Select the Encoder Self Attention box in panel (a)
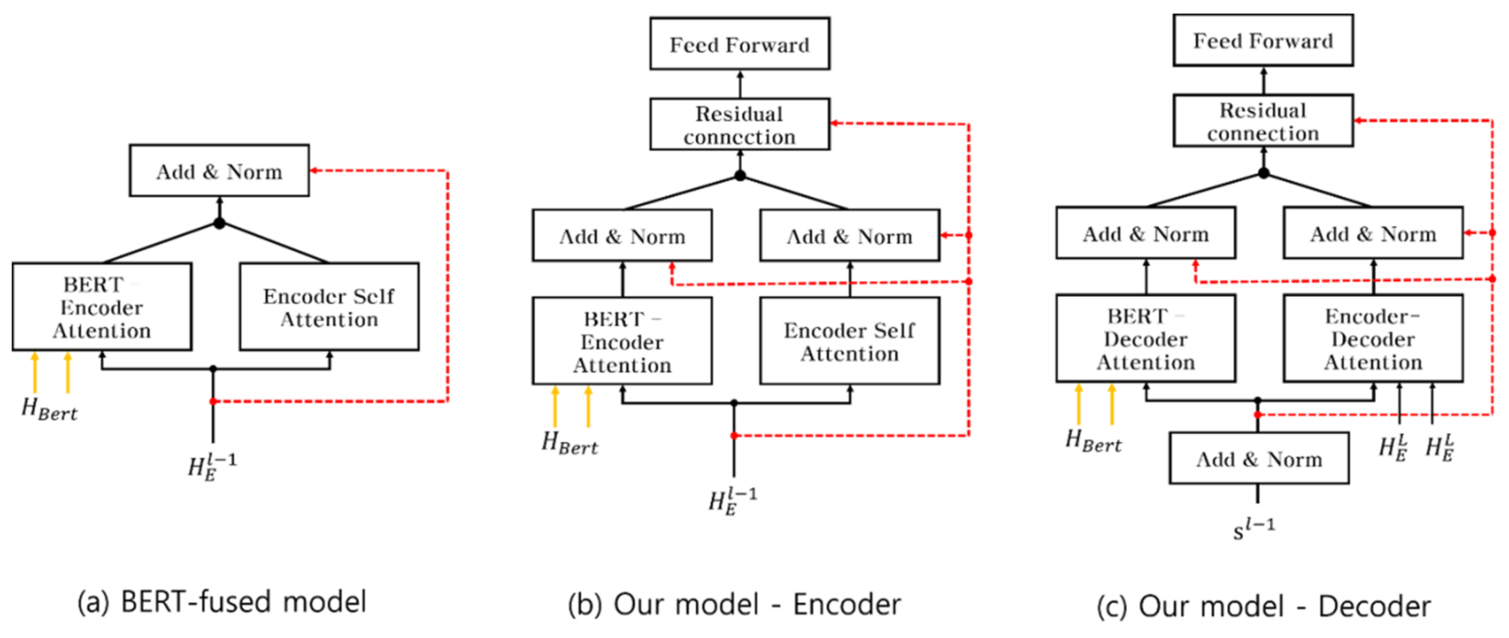pos(329,307)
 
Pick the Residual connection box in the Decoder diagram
pos(1263,121)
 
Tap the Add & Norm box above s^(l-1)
pos(1259,459)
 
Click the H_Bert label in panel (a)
pos(49,409)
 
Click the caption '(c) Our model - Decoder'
pos(1263,606)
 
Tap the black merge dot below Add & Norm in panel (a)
pos(219,223)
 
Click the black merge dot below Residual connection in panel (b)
pos(740,175)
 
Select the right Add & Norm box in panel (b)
pos(850,236)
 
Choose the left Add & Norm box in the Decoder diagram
pos(1146,233)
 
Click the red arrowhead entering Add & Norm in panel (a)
pos(314,170)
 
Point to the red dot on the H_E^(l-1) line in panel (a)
pos(213,401)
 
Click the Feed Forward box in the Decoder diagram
pos(1263,40)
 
